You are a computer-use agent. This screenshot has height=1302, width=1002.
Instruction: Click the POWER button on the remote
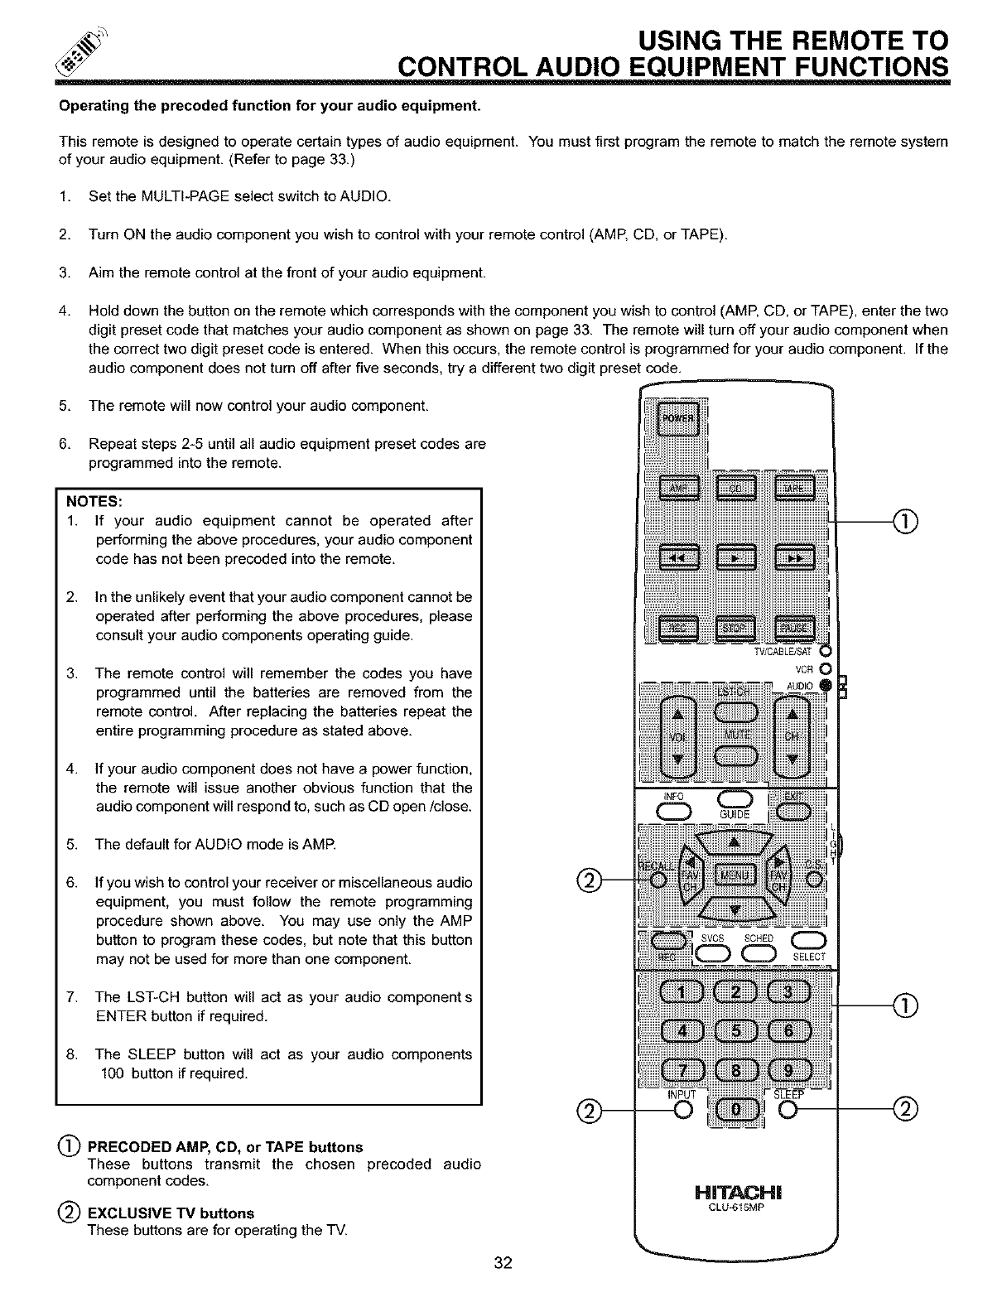[677, 417]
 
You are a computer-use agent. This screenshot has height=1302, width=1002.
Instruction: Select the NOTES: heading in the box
[94, 502]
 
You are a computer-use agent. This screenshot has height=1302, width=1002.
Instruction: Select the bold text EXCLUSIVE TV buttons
[171, 1213]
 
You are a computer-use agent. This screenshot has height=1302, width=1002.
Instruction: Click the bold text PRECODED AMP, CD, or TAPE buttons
[225, 1147]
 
